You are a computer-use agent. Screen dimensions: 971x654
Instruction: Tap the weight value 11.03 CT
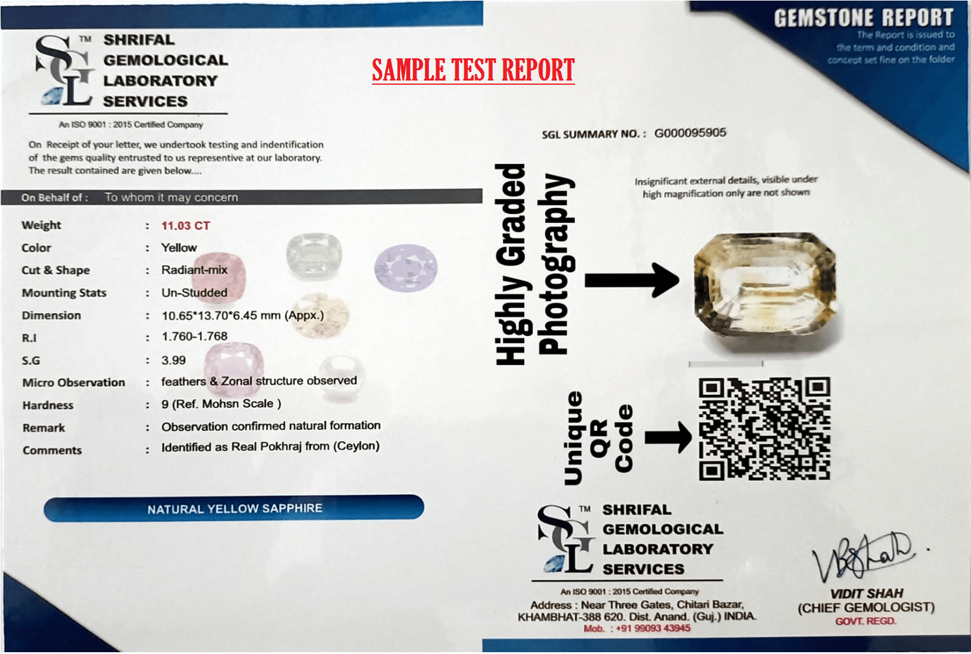(186, 225)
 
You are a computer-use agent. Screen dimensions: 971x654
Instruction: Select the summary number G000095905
(690, 133)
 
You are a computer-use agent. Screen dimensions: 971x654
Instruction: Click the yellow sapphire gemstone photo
(766, 287)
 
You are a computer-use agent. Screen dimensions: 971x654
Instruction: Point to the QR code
(764, 429)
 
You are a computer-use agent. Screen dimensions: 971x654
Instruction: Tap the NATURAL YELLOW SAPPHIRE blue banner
(234, 508)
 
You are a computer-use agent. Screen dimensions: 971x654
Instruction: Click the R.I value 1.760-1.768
(195, 336)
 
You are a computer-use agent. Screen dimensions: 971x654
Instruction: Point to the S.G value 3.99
(174, 360)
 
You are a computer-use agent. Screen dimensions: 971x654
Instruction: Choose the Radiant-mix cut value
(194, 270)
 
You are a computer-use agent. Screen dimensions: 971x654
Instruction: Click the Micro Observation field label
(74, 382)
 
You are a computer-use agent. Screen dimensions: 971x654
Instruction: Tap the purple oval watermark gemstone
(406, 267)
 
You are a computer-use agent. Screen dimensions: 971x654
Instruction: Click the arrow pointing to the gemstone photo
(632, 280)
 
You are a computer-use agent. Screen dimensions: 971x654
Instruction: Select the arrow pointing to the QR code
(668, 438)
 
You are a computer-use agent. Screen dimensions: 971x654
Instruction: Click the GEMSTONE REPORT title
(863, 18)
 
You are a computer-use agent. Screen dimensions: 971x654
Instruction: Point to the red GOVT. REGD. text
(865, 621)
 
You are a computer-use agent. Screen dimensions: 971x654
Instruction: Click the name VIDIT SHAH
(866, 593)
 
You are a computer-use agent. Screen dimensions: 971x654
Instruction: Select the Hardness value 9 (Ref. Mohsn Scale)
(221, 404)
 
